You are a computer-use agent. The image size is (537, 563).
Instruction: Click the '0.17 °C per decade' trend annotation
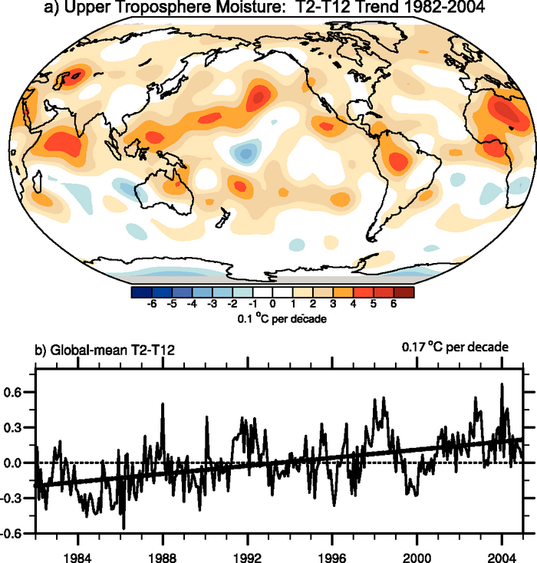click(x=455, y=347)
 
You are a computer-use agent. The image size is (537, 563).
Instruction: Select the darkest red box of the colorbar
click(x=404, y=291)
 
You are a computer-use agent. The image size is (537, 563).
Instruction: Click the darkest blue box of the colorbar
click(x=141, y=291)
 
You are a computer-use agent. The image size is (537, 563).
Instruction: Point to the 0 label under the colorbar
click(x=272, y=305)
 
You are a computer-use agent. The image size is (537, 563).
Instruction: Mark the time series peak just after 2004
click(x=502, y=384)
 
